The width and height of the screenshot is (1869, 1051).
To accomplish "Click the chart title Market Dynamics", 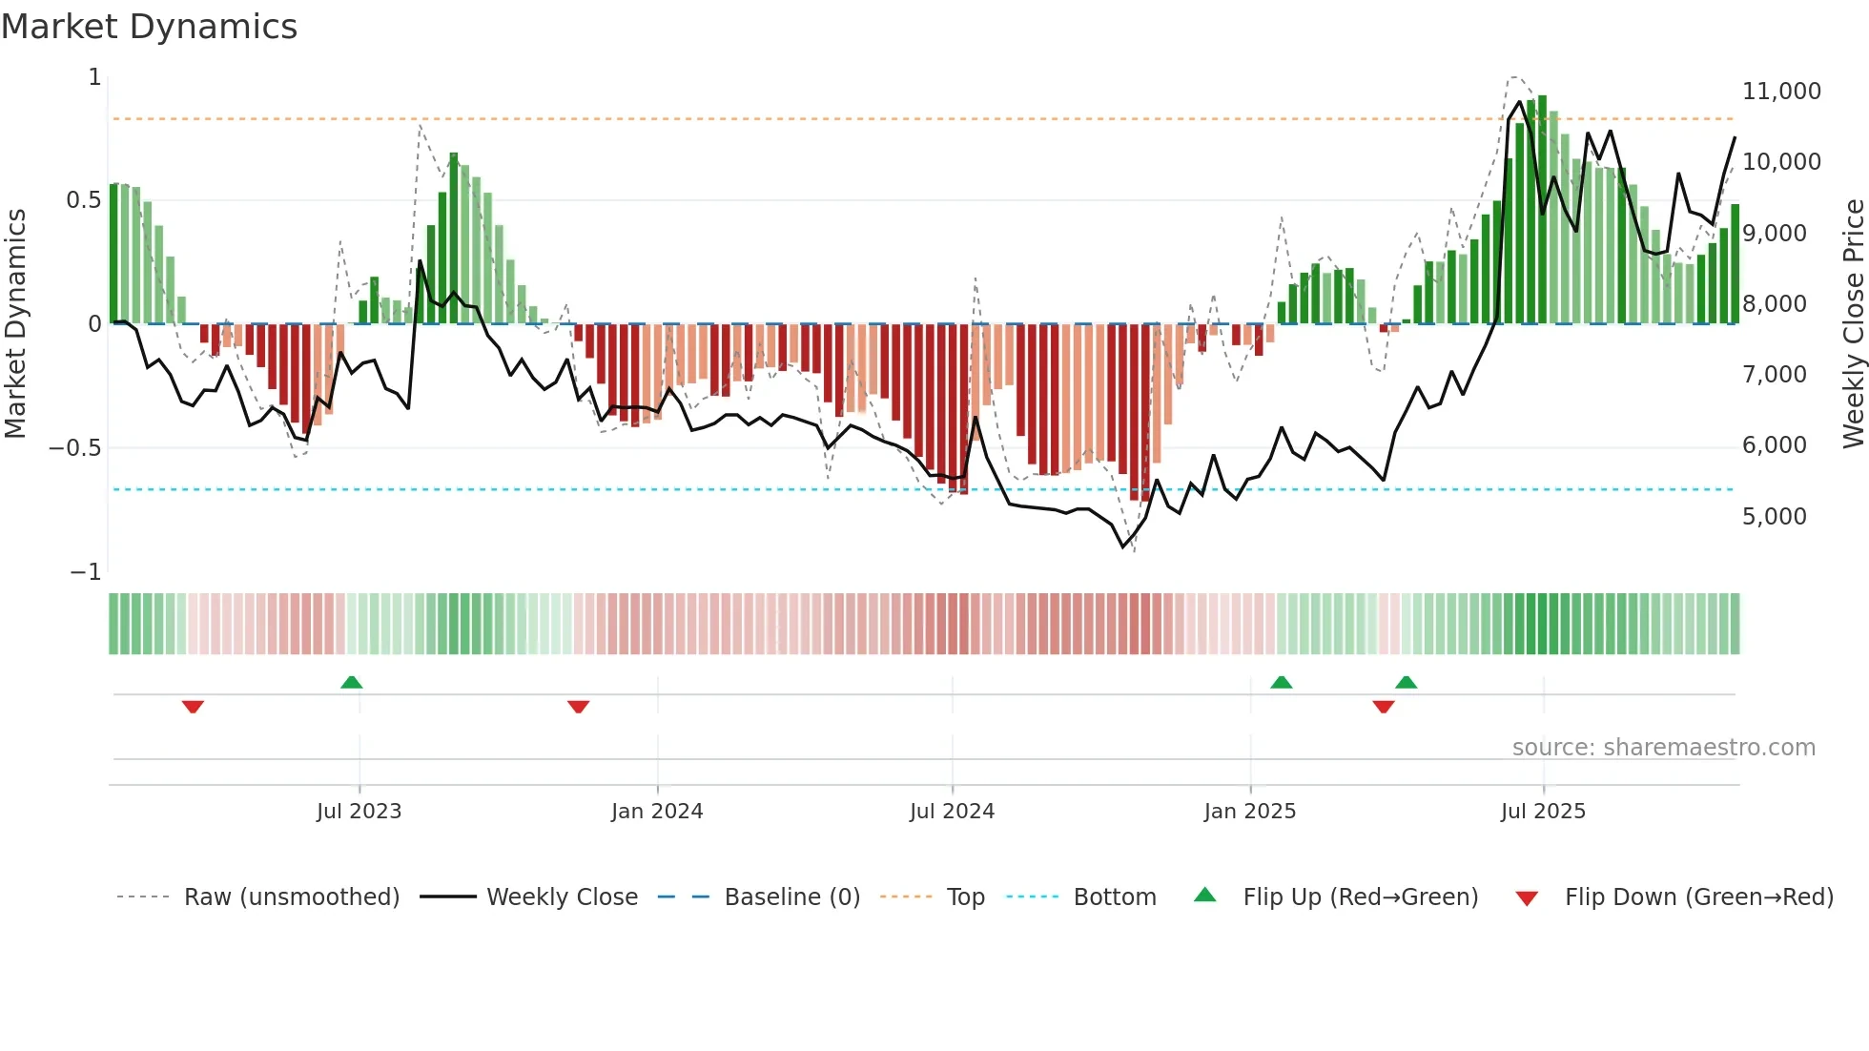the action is coord(149,27).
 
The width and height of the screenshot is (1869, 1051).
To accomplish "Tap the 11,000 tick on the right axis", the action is coord(1780,92).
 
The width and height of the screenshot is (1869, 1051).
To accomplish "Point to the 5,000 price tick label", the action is coord(1774,517).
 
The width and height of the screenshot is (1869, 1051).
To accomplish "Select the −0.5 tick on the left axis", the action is coord(75,448).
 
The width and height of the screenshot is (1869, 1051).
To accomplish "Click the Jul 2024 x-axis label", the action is coord(952,812).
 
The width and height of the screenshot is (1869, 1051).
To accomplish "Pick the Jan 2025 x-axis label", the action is coord(1249,812).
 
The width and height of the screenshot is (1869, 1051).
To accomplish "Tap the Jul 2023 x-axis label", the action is coord(359,812).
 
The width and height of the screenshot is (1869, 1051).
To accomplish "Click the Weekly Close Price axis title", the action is coord(1853,323).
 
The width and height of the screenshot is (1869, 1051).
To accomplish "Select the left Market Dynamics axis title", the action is coord(15,323).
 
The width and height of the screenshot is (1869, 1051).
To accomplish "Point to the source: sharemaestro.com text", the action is coord(1663,748).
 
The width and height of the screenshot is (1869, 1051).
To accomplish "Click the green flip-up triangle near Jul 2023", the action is coord(351,682).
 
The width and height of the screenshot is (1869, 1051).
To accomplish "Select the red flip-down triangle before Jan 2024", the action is coord(578,707).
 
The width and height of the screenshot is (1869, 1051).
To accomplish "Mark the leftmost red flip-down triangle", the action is coord(193,707).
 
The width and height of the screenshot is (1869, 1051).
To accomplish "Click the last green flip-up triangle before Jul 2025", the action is coord(1406,682).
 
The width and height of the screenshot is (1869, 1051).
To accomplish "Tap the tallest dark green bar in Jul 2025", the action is coord(1542,210).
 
